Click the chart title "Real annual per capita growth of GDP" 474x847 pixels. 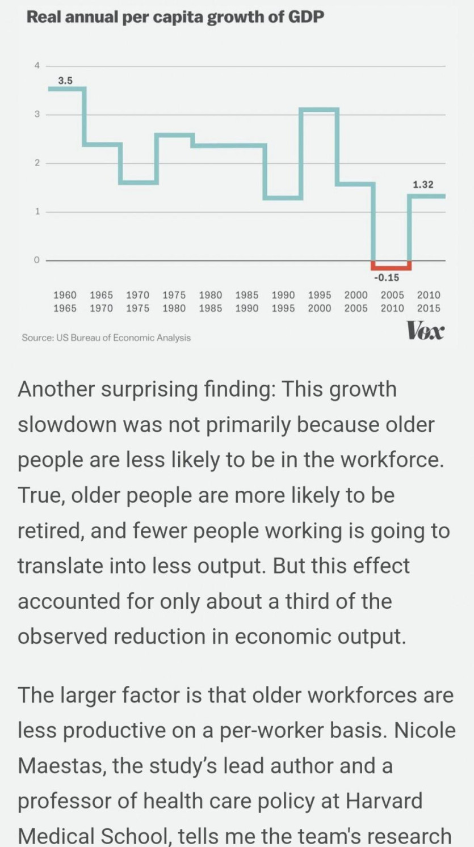(175, 18)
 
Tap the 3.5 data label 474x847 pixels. (65, 81)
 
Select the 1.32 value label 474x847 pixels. (423, 184)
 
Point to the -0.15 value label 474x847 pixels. (387, 278)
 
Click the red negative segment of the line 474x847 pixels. (391, 267)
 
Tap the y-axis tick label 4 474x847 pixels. (37, 66)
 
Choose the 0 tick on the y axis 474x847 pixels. (37, 260)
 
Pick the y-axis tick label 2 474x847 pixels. (37, 163)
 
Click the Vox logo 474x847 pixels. (425, 330)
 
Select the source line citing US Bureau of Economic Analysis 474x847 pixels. (106, 338)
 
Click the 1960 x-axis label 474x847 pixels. (65, 295)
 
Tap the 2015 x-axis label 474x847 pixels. (429, 308)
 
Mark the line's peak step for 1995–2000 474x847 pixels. (319, 109)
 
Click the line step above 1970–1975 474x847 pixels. (138, 183)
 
